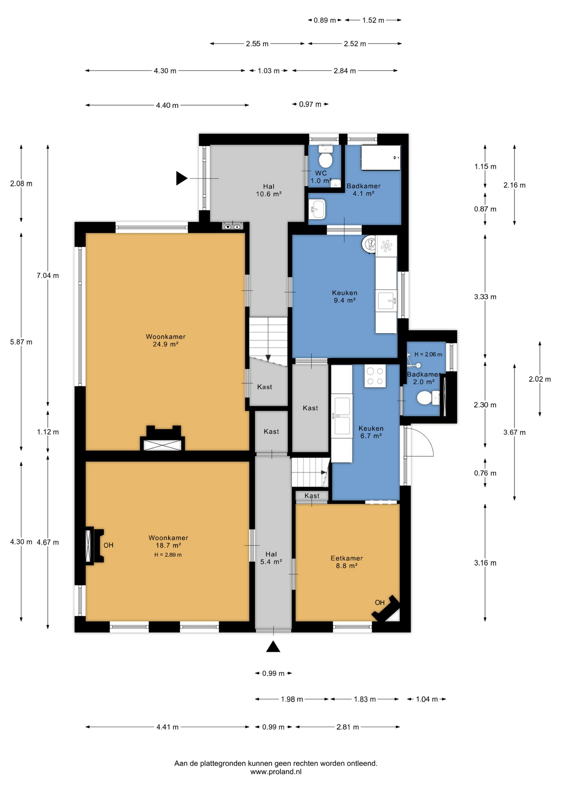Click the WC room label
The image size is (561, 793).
pyautogui.click(x=321, y=173)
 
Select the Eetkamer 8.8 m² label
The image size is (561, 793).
pyautogui.click(x=347, y=562)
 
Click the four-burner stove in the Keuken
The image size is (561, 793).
pyautogui.click(x=375, y=376)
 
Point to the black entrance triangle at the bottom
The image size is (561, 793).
pyautogui.click(x=273, y=646)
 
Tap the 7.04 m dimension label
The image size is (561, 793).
pyautogui.click(x=48, y=275)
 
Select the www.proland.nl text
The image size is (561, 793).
pyautogui.click(x=276, y=772)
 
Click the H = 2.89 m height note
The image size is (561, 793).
pyautogui.click(x=168, y=555)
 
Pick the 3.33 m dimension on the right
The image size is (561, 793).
pyautogui.click(x=485, y=297)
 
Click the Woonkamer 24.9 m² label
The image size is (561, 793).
pyautogui.click(x=166, y=340)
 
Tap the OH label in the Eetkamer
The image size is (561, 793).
pyautogui.click(x=380, y=603)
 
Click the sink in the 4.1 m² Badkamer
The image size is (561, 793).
pyautogui.click(x=317, y=209)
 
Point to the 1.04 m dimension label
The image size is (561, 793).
pyautogui.click(x=427, y=699)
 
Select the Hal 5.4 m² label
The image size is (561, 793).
pyautogui.click(x=271, y=558)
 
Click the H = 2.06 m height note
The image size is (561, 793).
pyautogui.click(x=428, y=354)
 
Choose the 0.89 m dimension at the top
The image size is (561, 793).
pyautogui.click(x=325, y=20)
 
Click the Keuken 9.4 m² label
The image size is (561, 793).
pyautogui.click(x=345, y=297)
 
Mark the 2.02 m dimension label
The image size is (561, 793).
pyautogui.click(x=540, y=379)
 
